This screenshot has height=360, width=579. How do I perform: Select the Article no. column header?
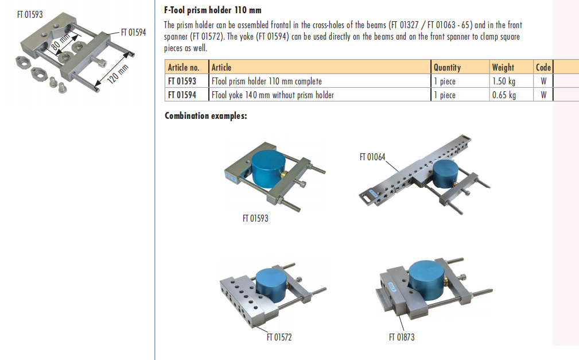[183, 67]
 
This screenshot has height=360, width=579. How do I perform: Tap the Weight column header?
[503, 67]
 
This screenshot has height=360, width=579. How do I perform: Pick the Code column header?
[543, 67]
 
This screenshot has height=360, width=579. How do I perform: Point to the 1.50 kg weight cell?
[504, 81]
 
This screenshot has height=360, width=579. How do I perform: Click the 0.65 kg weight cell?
[504, 95]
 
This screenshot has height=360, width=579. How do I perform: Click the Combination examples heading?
[206, 116]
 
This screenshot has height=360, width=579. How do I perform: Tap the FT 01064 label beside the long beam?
[372, 157]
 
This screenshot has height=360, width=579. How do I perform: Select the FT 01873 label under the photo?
[401, 337]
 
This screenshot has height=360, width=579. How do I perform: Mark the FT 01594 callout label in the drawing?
[133, 33]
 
